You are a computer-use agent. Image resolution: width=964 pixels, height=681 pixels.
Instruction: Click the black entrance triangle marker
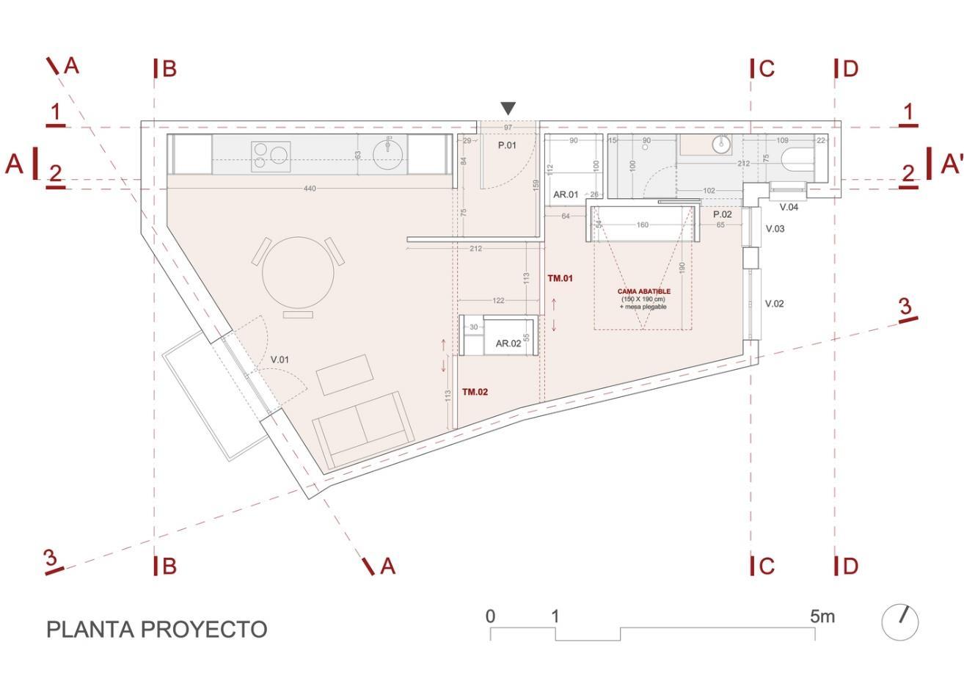point(508,109)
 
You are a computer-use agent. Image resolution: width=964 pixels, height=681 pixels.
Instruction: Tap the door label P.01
point(507,145)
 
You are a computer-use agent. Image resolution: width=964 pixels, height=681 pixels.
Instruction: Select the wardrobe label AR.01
point(566,194)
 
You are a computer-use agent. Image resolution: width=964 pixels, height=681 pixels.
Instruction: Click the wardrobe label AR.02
point(508,343)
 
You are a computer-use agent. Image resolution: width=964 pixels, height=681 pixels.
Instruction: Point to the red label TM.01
point(560,278)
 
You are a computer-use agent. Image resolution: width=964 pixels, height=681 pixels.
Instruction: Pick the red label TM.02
point(475,392)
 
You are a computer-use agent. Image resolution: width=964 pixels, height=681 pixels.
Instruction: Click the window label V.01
point(280,360)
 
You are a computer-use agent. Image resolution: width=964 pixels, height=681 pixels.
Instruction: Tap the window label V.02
point(775,303)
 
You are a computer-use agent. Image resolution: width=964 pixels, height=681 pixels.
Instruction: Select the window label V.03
point(775,229)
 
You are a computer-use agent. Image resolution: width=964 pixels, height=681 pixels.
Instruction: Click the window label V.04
point(789,207)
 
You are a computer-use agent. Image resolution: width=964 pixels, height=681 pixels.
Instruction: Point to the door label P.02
point(722,214)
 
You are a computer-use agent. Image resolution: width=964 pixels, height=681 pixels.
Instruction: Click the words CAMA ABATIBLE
point(643,291)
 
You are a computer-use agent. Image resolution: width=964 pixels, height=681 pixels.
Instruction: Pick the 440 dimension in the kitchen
point(309,189)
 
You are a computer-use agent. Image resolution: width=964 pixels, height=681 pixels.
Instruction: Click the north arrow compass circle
point(899,622)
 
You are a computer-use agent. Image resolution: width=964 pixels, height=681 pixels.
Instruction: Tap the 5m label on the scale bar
point(822,616)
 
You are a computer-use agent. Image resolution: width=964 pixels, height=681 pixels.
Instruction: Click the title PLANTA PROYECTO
point(156,629)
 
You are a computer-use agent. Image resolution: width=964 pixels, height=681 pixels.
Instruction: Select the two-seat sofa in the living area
point(363,429)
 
